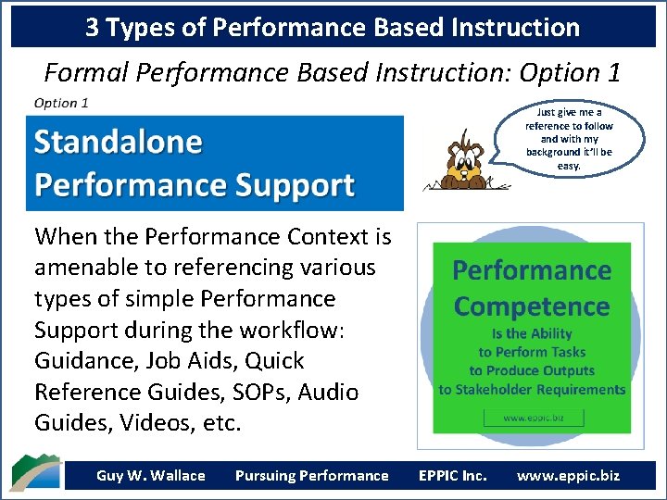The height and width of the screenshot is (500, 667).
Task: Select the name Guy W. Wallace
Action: tap(150, 476)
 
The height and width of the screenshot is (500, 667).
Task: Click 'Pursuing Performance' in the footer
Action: tap(311, 476)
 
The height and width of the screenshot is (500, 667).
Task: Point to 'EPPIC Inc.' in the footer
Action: tap(452, 476)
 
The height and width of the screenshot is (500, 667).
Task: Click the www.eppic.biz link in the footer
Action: tap(568, 476)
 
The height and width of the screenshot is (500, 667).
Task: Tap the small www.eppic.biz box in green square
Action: tap(532, 418)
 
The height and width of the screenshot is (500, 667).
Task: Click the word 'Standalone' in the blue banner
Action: tap(118, 142)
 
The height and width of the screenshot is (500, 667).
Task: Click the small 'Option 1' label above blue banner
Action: tap(61, 103)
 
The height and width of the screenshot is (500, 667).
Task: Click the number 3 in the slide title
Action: tap(93, 28)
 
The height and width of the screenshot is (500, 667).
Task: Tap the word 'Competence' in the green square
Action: tap(531, 306)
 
